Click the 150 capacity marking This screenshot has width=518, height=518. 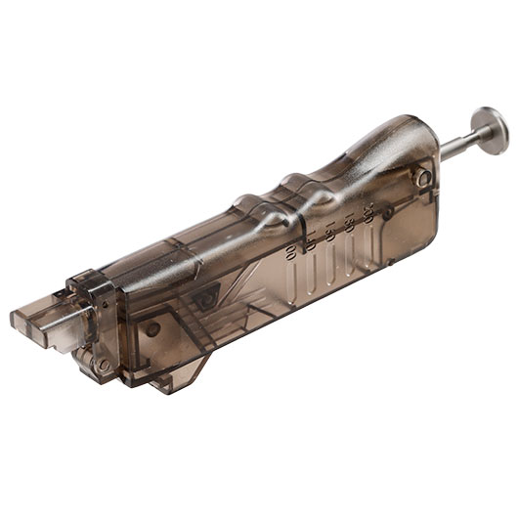point(329,233)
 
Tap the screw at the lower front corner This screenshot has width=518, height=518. point(103,364)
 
